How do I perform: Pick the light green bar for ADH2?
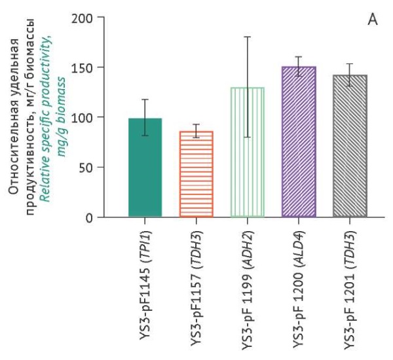247,152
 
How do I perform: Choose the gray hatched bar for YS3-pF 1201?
349,146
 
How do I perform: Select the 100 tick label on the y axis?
83,117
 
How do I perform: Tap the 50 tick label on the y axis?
86,167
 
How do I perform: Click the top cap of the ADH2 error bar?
247,37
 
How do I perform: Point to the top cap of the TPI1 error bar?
145,99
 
